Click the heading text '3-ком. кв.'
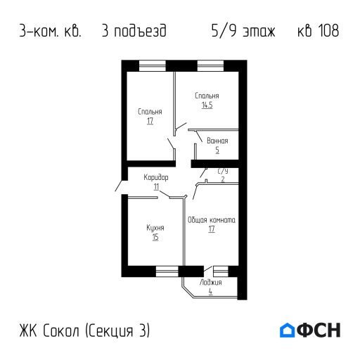51,32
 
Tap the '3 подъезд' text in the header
134,32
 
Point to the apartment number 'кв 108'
314,32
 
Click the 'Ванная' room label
217,141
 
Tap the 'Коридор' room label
156,177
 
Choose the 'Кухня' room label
155,228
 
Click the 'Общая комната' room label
212,220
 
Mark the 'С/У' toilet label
223,171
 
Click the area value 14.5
207,105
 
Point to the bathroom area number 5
217,150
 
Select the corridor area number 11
156,186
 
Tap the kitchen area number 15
155,237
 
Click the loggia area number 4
210,291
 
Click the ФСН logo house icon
288,329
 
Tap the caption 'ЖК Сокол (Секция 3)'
85,330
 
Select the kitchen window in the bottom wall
167,269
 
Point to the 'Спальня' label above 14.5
207,96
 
